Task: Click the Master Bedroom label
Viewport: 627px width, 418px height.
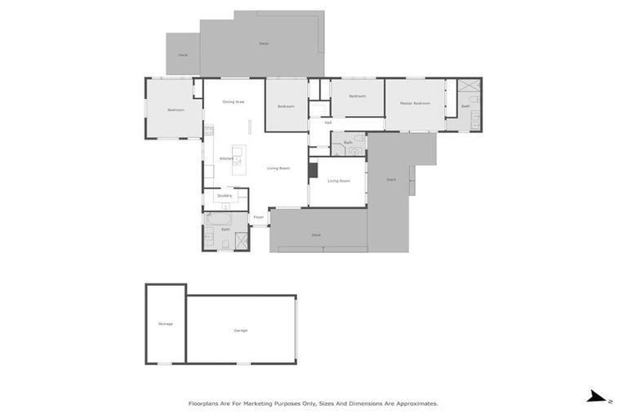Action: tap(415, 104)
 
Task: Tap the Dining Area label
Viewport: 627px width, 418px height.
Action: tap(233, 102)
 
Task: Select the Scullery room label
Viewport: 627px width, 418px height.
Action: tap(225, 196)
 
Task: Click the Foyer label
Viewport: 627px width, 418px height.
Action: tap(258, 217)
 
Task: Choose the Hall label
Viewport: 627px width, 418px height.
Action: tap(327, 123)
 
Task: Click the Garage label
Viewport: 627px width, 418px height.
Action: tap(241, 330)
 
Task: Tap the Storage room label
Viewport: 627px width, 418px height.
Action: tap(166, 324)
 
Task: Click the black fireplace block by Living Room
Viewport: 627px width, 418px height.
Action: tap(312, 170)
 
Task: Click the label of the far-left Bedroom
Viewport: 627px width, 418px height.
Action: tap(176, 110)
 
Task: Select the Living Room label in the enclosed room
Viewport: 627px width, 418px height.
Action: tap(339, 180)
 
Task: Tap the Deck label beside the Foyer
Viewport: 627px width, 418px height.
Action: tap(316, 235)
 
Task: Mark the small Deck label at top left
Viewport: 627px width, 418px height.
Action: tap(183, 56)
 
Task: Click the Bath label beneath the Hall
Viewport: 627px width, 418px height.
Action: tap(348, 143)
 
